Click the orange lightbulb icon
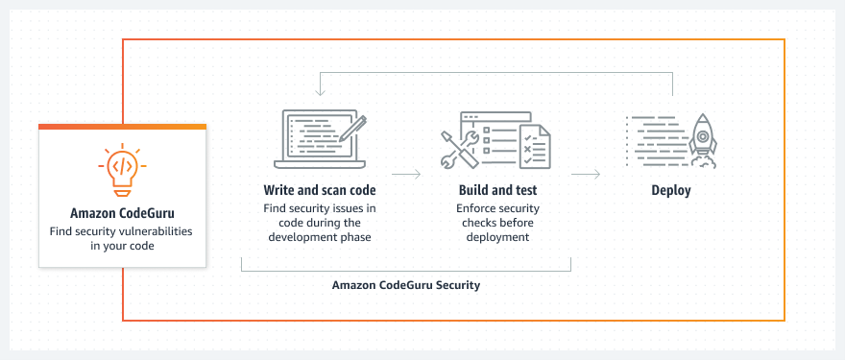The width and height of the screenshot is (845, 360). pyautogui.click(x=122, y=170)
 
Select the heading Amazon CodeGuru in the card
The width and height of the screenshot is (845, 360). pyautogui.click(x=122, y=213)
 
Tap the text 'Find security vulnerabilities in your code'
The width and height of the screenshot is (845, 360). pyautogui.click(x=122, y=238)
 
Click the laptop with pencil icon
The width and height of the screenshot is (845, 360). pyautogui.click(x=320, y=139)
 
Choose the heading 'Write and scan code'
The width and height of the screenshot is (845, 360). pyautogui.click(x=320, y=190)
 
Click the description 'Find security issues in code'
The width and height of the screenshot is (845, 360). pyautogui.click(x=320, y=215)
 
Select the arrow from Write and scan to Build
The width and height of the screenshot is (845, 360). pyautogui.click(x=406, y=174)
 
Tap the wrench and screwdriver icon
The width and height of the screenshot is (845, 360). pyautogui.click(x=459, y=148)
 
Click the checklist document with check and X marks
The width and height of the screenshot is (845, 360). pyautogui.click(x=535, y=146)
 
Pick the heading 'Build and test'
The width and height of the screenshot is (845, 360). pyautogui.click(x=498, y=190)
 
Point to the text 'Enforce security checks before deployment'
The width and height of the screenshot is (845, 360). pyautogui.click(x=498, y=223)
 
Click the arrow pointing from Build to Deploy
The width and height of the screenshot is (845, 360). pyautogui.click(x=586, y=174)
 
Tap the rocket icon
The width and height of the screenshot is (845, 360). pyautogui.click(x=703, y=141)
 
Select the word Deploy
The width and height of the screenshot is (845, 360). pyautogui.click(x=671, y=191)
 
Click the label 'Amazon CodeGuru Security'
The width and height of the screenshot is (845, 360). pyautogui.click(x=406, y=285)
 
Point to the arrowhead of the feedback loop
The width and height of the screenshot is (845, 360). pyautogui.click(x=321, y=92)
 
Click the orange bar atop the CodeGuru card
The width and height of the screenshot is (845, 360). pyautogui.click(x=122, y=127)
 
